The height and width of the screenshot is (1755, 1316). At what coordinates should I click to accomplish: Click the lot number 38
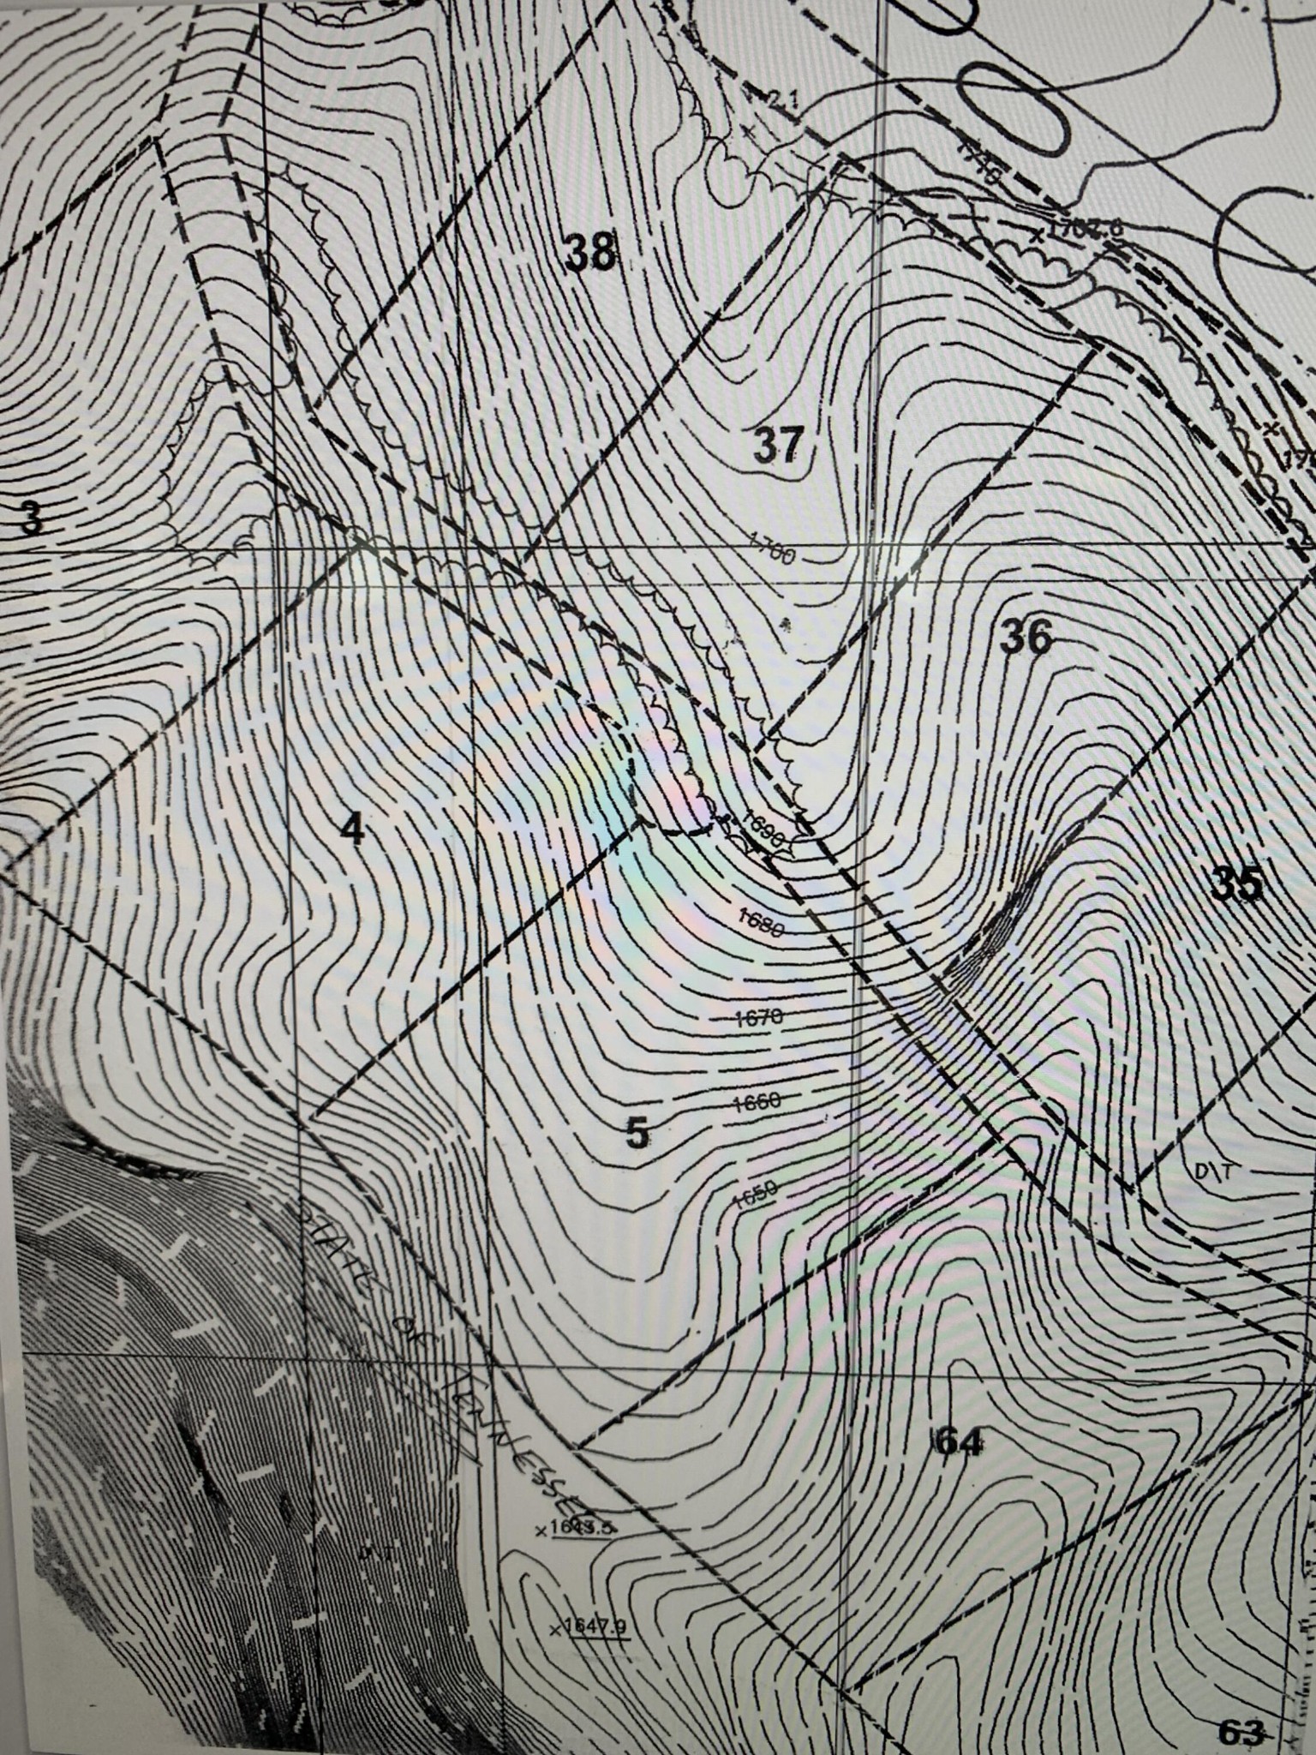(591, 253)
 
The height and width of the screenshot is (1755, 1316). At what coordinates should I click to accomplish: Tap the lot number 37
(779, 445)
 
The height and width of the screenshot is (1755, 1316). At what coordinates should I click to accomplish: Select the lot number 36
(1026, 637)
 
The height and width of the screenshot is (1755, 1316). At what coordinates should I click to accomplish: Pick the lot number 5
(637, 1133)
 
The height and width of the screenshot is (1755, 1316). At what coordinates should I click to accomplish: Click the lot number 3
(30, 518)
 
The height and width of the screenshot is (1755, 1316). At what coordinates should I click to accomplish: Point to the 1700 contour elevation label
(772, 548)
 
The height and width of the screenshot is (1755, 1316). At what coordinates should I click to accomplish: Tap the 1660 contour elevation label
(757, 1101)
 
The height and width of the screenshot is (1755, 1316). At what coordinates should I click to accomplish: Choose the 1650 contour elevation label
(754, 1190)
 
